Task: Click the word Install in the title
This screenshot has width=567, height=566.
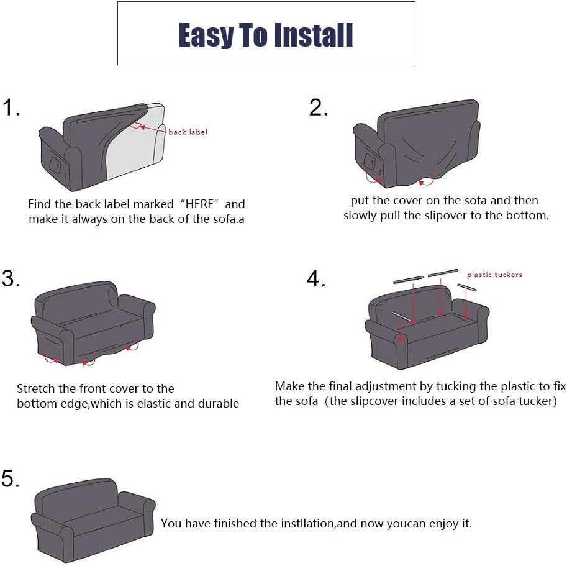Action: tap(313, 35)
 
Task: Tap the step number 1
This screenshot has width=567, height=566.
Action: tap(11, 107)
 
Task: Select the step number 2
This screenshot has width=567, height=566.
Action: tap(318, 107)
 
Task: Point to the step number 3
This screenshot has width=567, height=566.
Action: tap(11, 278)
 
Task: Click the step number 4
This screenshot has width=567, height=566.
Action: tap(316, 278)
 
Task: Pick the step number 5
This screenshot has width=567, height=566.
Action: tap(10, 478)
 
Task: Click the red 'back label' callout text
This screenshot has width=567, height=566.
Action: tap(188, 132)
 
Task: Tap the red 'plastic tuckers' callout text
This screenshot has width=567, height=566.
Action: tap(494, 275)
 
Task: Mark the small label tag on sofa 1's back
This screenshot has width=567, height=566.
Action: tap(136, 126)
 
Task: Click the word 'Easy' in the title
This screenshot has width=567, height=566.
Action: tap(206, 35)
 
